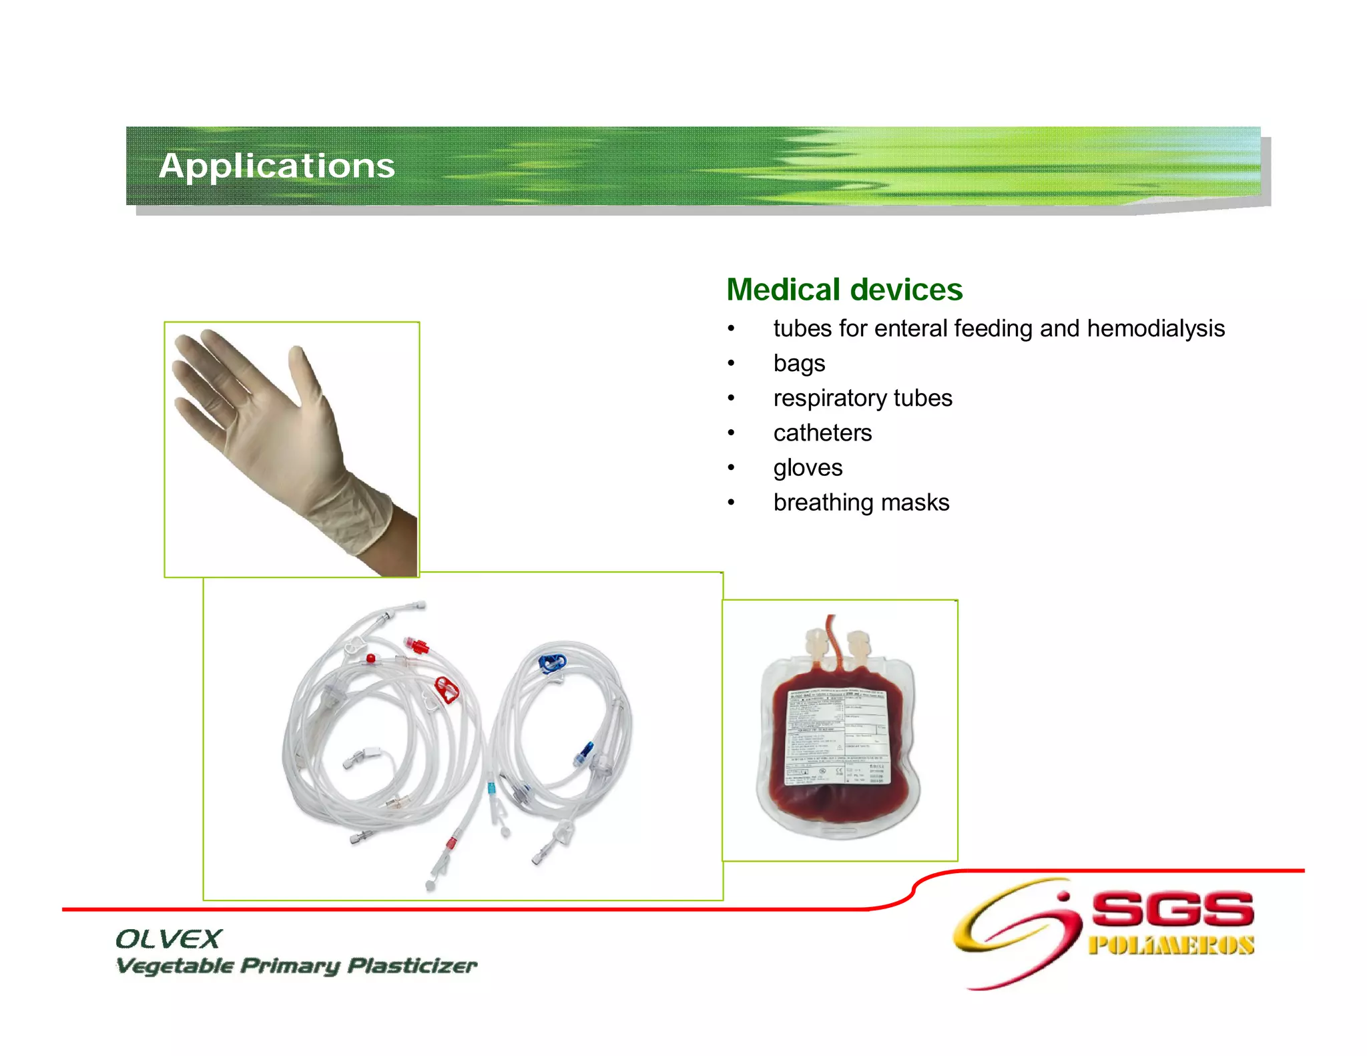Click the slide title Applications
coord(276,166)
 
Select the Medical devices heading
coord(844,290)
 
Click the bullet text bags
coord(799,363)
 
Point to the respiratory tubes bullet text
coord(862,398)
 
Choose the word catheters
coord(822,433)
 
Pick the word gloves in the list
coord(808,468)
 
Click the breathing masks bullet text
coord(861,503)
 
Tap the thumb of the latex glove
coord(304,374)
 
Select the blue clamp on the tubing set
coord(551,662)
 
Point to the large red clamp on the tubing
coord(446,689)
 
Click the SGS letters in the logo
coord(1172,909)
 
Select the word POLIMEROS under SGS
coord(1171,945)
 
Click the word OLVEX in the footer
coord(168,939)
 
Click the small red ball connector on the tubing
coord(370,659)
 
